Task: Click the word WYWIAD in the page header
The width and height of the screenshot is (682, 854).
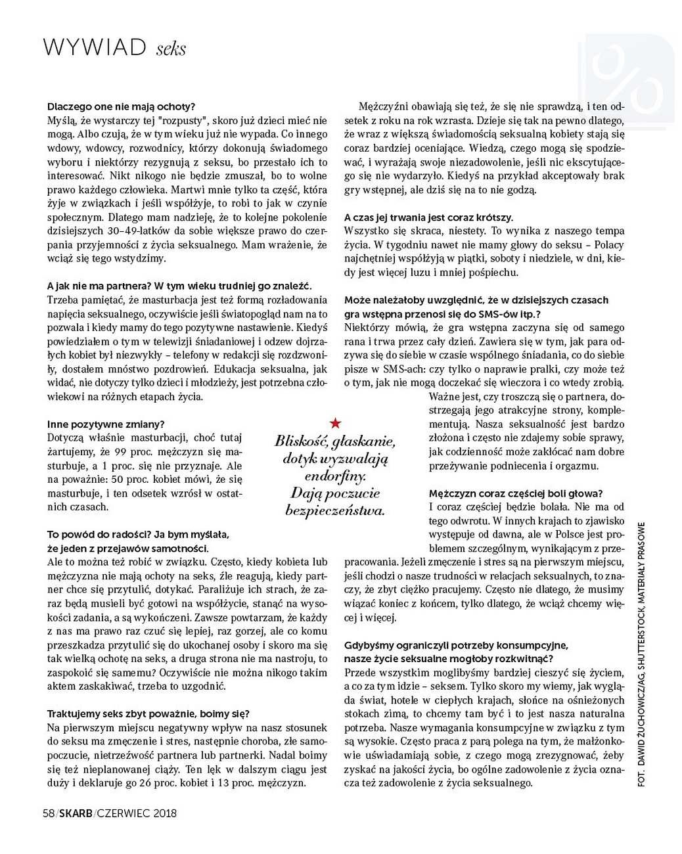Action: tap(94, 47)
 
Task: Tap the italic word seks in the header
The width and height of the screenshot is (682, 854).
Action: tap(171, 49)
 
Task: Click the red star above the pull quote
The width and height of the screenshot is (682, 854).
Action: tap(335, 423)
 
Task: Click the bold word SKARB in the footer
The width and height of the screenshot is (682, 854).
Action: tap(75, 813)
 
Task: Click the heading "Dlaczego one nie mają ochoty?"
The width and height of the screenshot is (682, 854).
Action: tap(122, 106)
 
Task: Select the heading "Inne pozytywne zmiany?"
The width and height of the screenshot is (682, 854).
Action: tap(106, 424)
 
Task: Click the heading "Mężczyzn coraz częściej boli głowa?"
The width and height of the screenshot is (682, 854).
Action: tap(516, 493)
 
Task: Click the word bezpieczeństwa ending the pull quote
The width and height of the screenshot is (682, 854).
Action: tap(335, 510)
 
